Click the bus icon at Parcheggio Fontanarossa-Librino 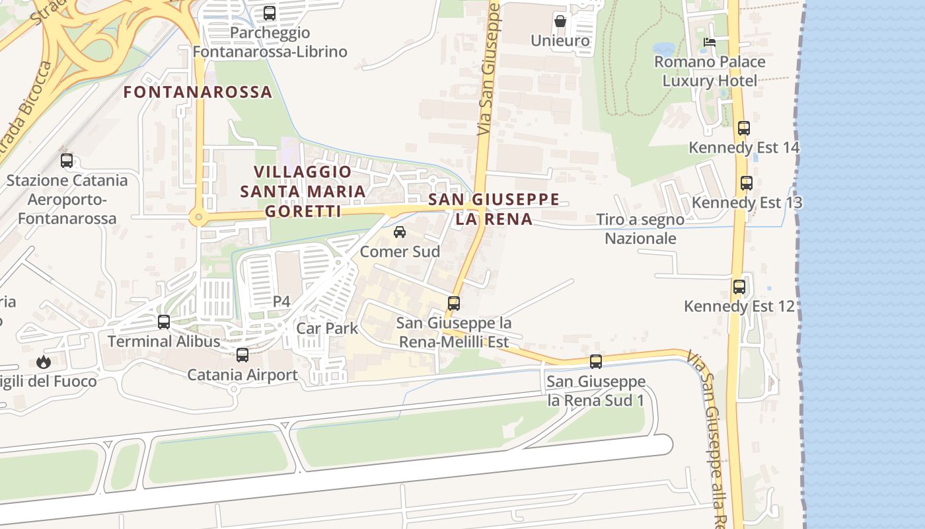(269, 13)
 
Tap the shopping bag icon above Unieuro (560, 21)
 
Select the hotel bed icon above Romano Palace (710, 42)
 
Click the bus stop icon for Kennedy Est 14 (744, 128)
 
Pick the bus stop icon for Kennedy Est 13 (747, 183)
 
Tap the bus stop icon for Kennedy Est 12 (739, 287)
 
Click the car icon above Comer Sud (400, 232)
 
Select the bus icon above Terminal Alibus (164, 322)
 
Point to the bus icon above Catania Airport (242, 355)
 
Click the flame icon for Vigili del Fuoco (44, 362)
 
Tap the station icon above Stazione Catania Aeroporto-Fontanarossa (67, 161)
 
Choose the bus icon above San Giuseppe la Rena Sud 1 (596, 362)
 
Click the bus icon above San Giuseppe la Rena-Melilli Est (454, 304)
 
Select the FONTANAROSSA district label (198, 92)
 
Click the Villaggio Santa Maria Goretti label (303, 191)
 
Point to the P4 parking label (281, 302)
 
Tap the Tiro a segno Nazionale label (640, 229)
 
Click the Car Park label (327, 328)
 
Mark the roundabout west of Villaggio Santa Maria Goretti (197, 216)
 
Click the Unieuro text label (560, 41)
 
